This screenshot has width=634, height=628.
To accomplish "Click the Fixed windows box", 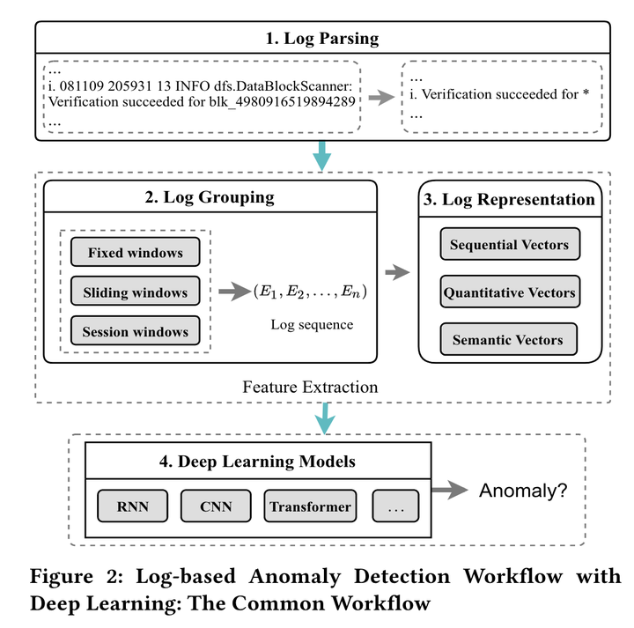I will pos(135,253).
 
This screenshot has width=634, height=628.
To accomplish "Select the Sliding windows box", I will pos(135,292).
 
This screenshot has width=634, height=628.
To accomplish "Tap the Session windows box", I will pos(135,332).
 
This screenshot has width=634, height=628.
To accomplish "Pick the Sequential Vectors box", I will pos(509,245).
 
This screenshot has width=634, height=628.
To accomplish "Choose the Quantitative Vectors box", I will pos(509,292).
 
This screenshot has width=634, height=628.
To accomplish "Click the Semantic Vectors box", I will pos(509,339).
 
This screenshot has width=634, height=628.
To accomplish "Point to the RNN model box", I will pos(134,506).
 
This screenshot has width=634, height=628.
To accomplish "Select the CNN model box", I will pos(216,506).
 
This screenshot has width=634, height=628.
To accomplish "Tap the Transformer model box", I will pos(310,506).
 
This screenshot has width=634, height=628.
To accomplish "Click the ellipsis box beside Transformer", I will pos(395,506).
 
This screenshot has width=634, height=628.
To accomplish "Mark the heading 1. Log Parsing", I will pos(322,38).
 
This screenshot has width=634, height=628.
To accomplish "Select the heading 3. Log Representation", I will pos(509,199).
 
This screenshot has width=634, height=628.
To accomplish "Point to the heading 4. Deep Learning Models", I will pos(257,461).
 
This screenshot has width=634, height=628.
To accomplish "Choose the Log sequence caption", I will pos(312,325).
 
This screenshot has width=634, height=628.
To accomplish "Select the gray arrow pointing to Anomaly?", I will pos(450,491).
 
